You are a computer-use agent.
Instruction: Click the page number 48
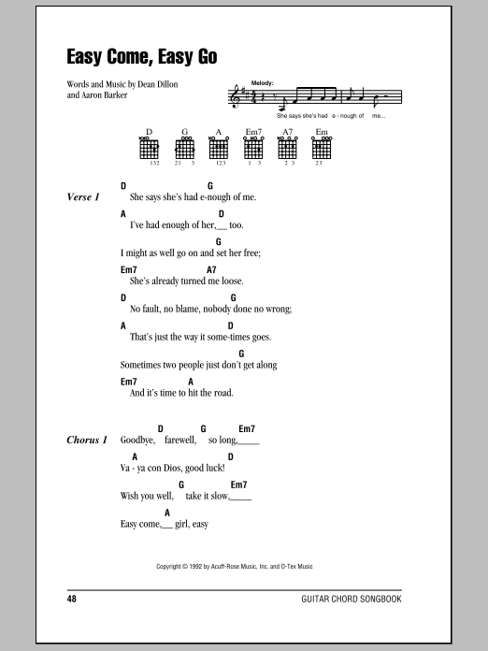pos(73,597)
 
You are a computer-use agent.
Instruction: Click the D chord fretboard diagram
pos(149,149)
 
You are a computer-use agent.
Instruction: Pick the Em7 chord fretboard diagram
pos(253,149)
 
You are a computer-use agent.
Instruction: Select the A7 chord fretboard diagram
pos(288,149)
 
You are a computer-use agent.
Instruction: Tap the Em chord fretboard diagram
pos(323,149)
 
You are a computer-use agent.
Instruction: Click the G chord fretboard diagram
pos(184,149)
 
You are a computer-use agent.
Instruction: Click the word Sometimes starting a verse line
pos(143,365)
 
